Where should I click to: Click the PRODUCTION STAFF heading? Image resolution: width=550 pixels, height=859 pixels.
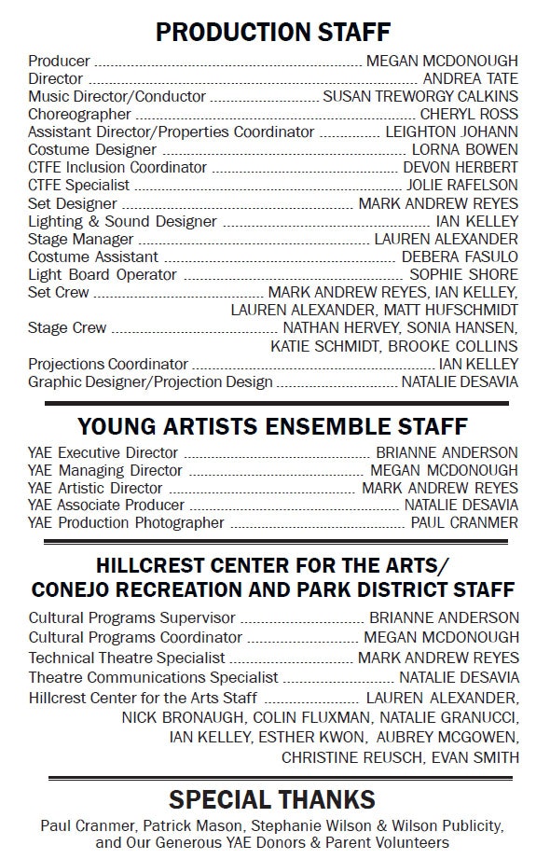pyautogui.click(x=272, y=33)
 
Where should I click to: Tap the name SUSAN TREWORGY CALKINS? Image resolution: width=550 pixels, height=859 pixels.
pyautogui.click(x=420, y=97)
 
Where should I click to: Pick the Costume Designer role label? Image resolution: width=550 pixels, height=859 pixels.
pyautogui.click(x=92, y=150)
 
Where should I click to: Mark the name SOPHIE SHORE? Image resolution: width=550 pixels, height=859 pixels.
pyautogui.click(x=463, y=274)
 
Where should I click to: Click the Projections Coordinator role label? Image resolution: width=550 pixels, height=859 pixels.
pyautogui.click(x=108, y=364)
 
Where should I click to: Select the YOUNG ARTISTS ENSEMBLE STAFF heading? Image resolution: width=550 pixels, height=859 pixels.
pyautogui.click(x=272, y=427)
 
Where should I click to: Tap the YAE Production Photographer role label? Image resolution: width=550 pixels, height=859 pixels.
pyautogui.click(x=127, y=523)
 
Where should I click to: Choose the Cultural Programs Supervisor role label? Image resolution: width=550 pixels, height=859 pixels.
pyautogui.click(x=131, y=617)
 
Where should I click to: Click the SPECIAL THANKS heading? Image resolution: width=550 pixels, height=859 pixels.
pyautogui.click(x=272, y=799)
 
